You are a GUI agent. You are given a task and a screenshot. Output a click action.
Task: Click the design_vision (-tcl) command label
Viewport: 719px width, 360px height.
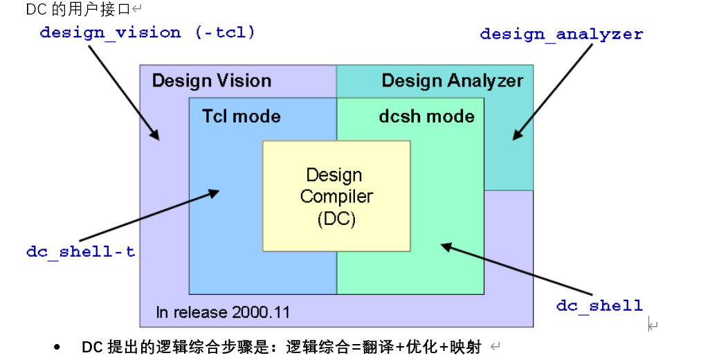click(x=147, y=33)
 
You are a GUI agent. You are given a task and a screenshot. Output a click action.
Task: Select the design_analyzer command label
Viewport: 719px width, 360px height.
click(x=561, y=34)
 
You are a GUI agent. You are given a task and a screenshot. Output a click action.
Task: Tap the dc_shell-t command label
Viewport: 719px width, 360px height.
click(x=80, y=251)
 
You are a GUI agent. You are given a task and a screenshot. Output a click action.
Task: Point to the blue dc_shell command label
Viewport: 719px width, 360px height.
click(x=599, y=305)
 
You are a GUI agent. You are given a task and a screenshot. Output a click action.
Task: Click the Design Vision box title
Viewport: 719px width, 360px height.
click(x=211, y=81)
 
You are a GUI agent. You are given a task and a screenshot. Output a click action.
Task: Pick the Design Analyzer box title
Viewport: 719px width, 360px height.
click(x=452, y=81)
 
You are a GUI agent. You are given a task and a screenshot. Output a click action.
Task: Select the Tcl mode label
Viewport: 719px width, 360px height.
click(x=241, y=116)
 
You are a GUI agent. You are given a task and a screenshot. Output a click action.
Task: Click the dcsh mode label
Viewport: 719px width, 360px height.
click(x=426, y=116)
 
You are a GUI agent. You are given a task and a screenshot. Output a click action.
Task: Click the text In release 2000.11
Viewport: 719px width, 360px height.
click(x=223, y=312)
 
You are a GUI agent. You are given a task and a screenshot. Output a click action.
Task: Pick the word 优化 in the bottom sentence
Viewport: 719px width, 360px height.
click(x=419, y=347)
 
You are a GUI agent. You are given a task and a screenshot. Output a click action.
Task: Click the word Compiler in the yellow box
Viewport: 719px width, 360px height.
click(x=336, y=197)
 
